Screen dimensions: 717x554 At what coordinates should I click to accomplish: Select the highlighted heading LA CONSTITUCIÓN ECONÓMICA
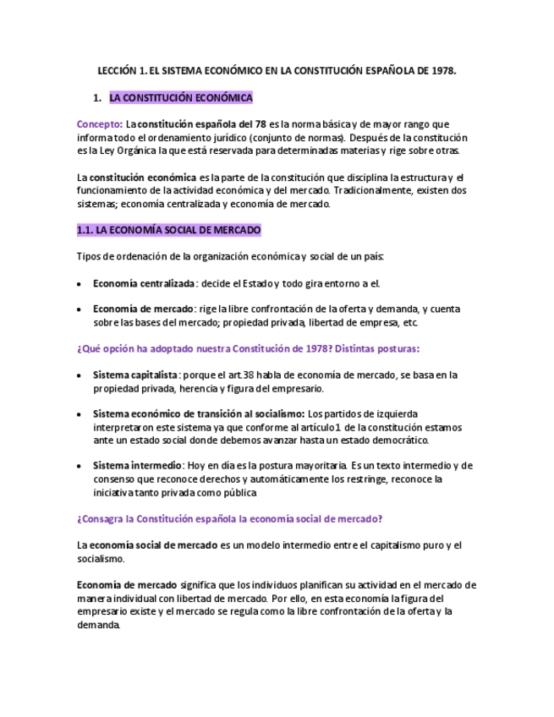pos(181,98)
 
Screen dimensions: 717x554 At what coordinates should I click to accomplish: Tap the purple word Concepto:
pos(100,124)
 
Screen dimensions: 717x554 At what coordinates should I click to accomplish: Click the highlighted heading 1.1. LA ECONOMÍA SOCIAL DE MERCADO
pos(168,230)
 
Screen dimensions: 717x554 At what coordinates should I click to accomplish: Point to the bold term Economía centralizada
pos(143,283)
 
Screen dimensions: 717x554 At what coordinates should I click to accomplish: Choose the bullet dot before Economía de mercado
pos(80,309)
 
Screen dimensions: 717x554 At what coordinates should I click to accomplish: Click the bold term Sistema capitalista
pos(135,375)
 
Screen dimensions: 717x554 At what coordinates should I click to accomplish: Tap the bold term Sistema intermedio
pos(137,466)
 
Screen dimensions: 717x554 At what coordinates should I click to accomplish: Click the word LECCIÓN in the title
pos(117,71)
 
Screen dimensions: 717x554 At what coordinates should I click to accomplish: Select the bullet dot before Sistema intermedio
pos(80,467)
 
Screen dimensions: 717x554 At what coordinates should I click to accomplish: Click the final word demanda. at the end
pos(99,625)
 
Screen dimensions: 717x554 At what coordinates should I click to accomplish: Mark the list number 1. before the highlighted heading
pos(97,98)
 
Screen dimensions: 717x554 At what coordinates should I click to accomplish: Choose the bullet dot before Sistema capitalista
pos(80,375)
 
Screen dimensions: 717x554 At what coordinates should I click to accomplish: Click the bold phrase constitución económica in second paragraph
pos(143,178)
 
